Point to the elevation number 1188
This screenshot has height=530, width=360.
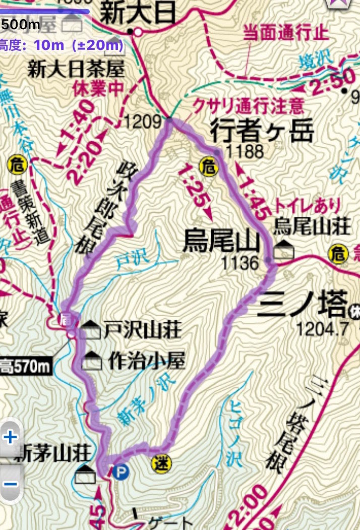245,151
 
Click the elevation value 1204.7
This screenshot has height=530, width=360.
323,329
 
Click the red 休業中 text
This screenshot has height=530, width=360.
98,88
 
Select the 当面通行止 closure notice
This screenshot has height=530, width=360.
286,33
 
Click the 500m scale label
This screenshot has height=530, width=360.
20,24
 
